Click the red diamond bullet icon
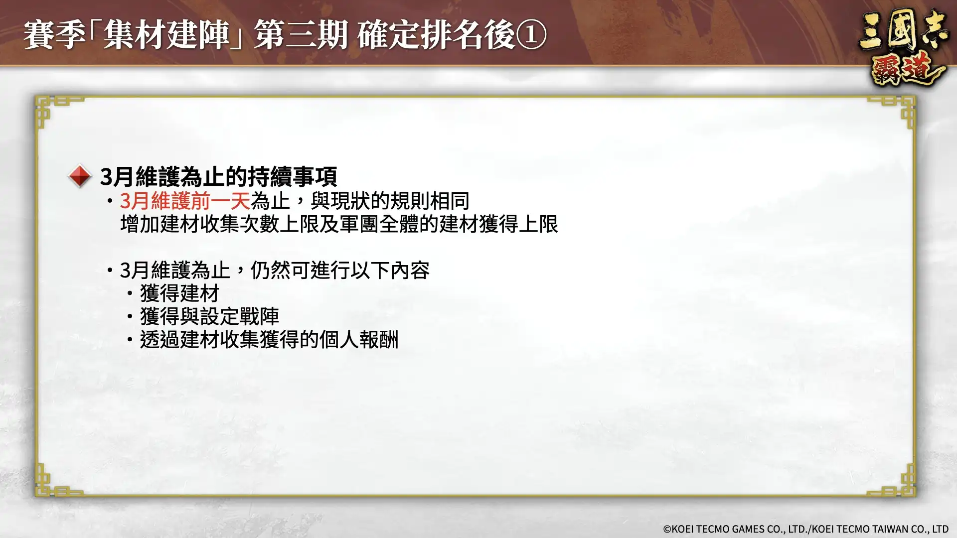[80, 176]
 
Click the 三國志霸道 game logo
[902, 47]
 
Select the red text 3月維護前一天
[185, 201]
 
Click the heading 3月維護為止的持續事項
[218, 176]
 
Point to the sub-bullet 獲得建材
[179, 293]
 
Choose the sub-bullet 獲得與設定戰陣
[209, 316]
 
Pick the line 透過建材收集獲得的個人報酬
[269, 340]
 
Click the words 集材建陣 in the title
[166, 35]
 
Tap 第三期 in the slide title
[301, 35]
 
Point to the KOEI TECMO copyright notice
[805, 529]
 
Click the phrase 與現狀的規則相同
[390, 201]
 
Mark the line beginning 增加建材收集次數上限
[339, 224]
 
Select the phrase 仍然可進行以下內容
[339, 270]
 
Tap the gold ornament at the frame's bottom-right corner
[900, 482]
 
